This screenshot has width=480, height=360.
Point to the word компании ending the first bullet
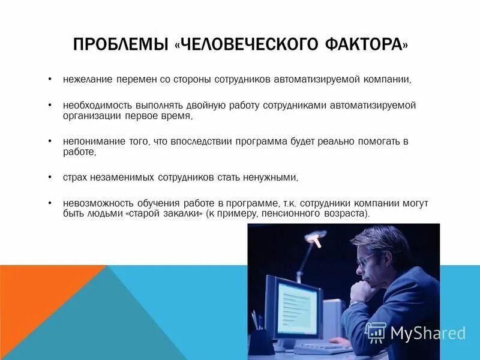(x=389, y=79)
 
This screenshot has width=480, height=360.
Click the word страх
(x=74, y=178)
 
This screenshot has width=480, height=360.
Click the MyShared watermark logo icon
(x=376, y=332)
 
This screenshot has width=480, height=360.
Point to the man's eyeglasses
(x=366, y=259)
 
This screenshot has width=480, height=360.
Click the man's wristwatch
(x=358, y=302)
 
